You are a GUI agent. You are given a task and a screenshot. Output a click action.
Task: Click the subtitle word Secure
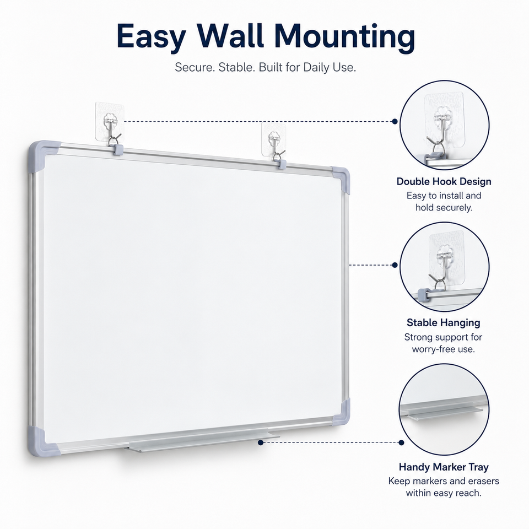click(195, 67)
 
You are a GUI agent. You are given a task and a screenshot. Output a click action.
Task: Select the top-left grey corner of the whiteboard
click(42, 154)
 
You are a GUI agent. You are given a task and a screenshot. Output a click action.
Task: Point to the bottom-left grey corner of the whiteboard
click(42, 442)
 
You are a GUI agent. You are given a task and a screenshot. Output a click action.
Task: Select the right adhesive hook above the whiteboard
click(274, 142)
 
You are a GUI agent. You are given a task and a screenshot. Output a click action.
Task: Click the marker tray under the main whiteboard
click(202, 440)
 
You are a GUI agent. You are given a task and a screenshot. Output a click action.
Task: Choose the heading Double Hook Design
click(444, 181)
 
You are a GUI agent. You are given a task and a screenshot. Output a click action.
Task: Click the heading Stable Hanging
click(443, 322)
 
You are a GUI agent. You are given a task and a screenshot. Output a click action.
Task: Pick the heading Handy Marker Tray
click(444, 467)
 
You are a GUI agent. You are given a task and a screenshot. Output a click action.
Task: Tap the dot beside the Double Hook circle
click(395, 121)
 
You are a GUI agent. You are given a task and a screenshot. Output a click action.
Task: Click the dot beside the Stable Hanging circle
click(395, 265)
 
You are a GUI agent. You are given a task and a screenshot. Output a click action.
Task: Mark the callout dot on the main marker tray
click(261, 442)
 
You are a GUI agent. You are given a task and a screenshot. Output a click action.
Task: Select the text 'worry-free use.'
click(443, 349)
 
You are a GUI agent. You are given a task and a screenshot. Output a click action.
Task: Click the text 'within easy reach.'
click(444, 493)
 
